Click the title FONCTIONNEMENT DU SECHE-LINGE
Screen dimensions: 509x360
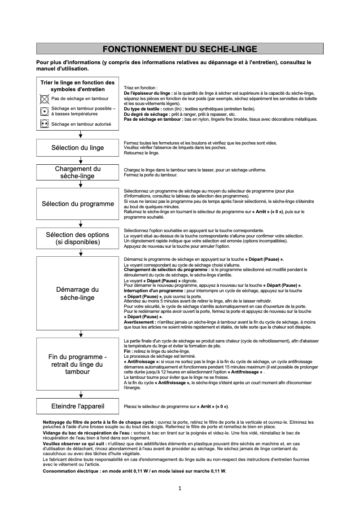(x=180, y=49)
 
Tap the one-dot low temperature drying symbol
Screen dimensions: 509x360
(x=44, y=111)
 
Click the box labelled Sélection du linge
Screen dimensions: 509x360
(x=78, y=148)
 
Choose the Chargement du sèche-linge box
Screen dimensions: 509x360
(x=78, y=172)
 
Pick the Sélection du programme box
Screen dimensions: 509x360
(x=78, y=204)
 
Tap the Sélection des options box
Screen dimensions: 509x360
(x=78, y=238)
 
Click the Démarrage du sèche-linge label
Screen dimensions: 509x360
(x=78, y=294)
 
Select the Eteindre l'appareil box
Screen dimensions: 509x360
(x=78, y=406)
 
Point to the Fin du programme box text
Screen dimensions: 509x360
(x=78, y=364)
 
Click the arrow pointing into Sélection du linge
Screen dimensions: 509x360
(x=80, y=135)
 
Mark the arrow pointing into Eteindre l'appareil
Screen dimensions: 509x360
(x=80, y=395)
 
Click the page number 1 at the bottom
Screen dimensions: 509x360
(x=179, y=488)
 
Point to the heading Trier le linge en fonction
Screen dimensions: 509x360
(x=78, y=83)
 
